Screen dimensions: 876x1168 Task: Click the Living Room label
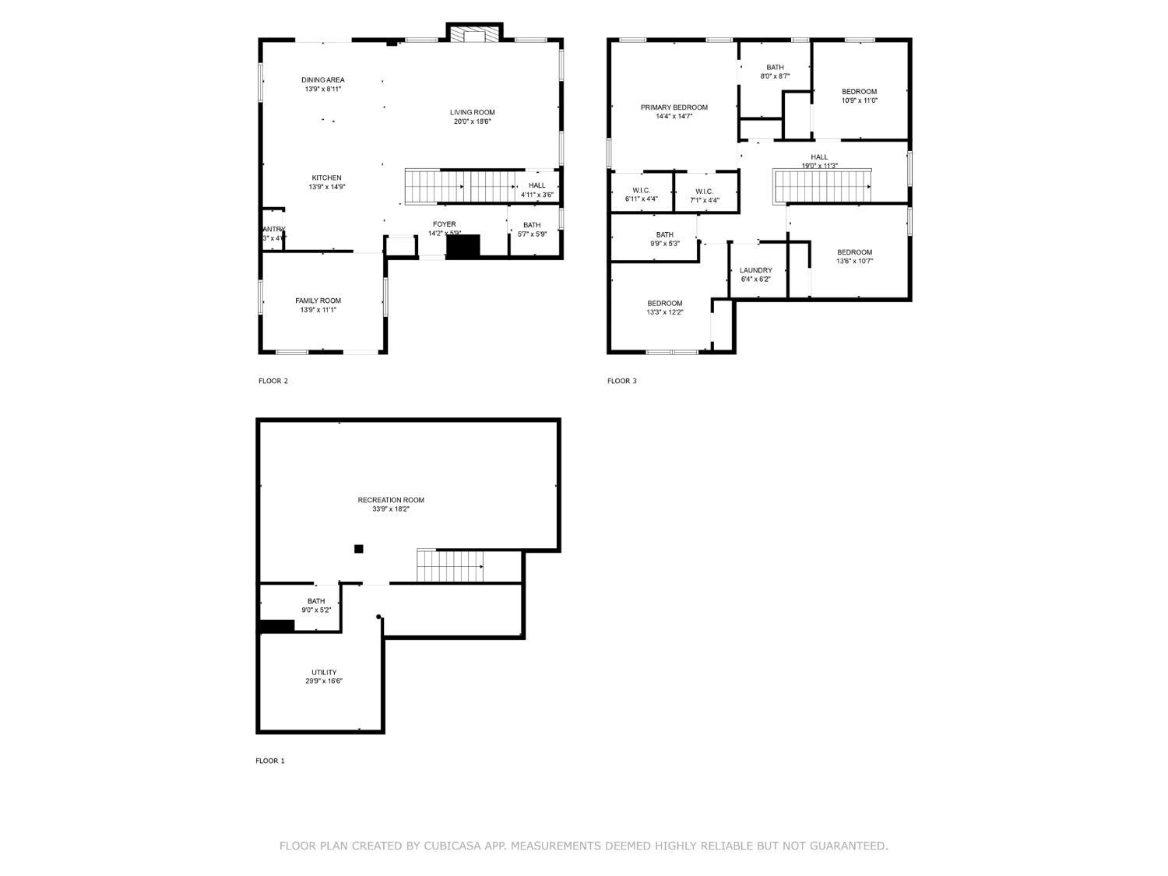[472, 112]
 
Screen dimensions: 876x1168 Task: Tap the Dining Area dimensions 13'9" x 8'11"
[322, 90]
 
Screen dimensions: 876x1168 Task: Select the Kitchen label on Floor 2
[326, 178]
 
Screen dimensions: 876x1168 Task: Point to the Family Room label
[318, 301]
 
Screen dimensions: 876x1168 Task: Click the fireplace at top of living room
[474, 34]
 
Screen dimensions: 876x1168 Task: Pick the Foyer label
[444, 224]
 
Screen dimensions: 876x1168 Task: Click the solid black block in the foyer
[463, 246]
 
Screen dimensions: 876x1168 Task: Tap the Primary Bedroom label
[674, 107]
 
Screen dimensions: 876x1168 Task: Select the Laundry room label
[755, 270]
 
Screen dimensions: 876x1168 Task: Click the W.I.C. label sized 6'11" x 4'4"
[641, 191]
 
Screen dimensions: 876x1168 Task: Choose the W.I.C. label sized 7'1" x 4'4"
[704, 191]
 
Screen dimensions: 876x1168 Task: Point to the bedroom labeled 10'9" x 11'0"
[859, 91]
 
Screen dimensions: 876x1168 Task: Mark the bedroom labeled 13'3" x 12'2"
[664, 303]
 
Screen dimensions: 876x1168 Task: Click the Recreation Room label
[391, 500]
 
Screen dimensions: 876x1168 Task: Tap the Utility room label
[324, 672]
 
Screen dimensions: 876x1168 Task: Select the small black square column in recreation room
[359, 549]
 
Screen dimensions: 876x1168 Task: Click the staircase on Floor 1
[449, 565]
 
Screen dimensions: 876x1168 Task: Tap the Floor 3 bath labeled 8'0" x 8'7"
[775, 67]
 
